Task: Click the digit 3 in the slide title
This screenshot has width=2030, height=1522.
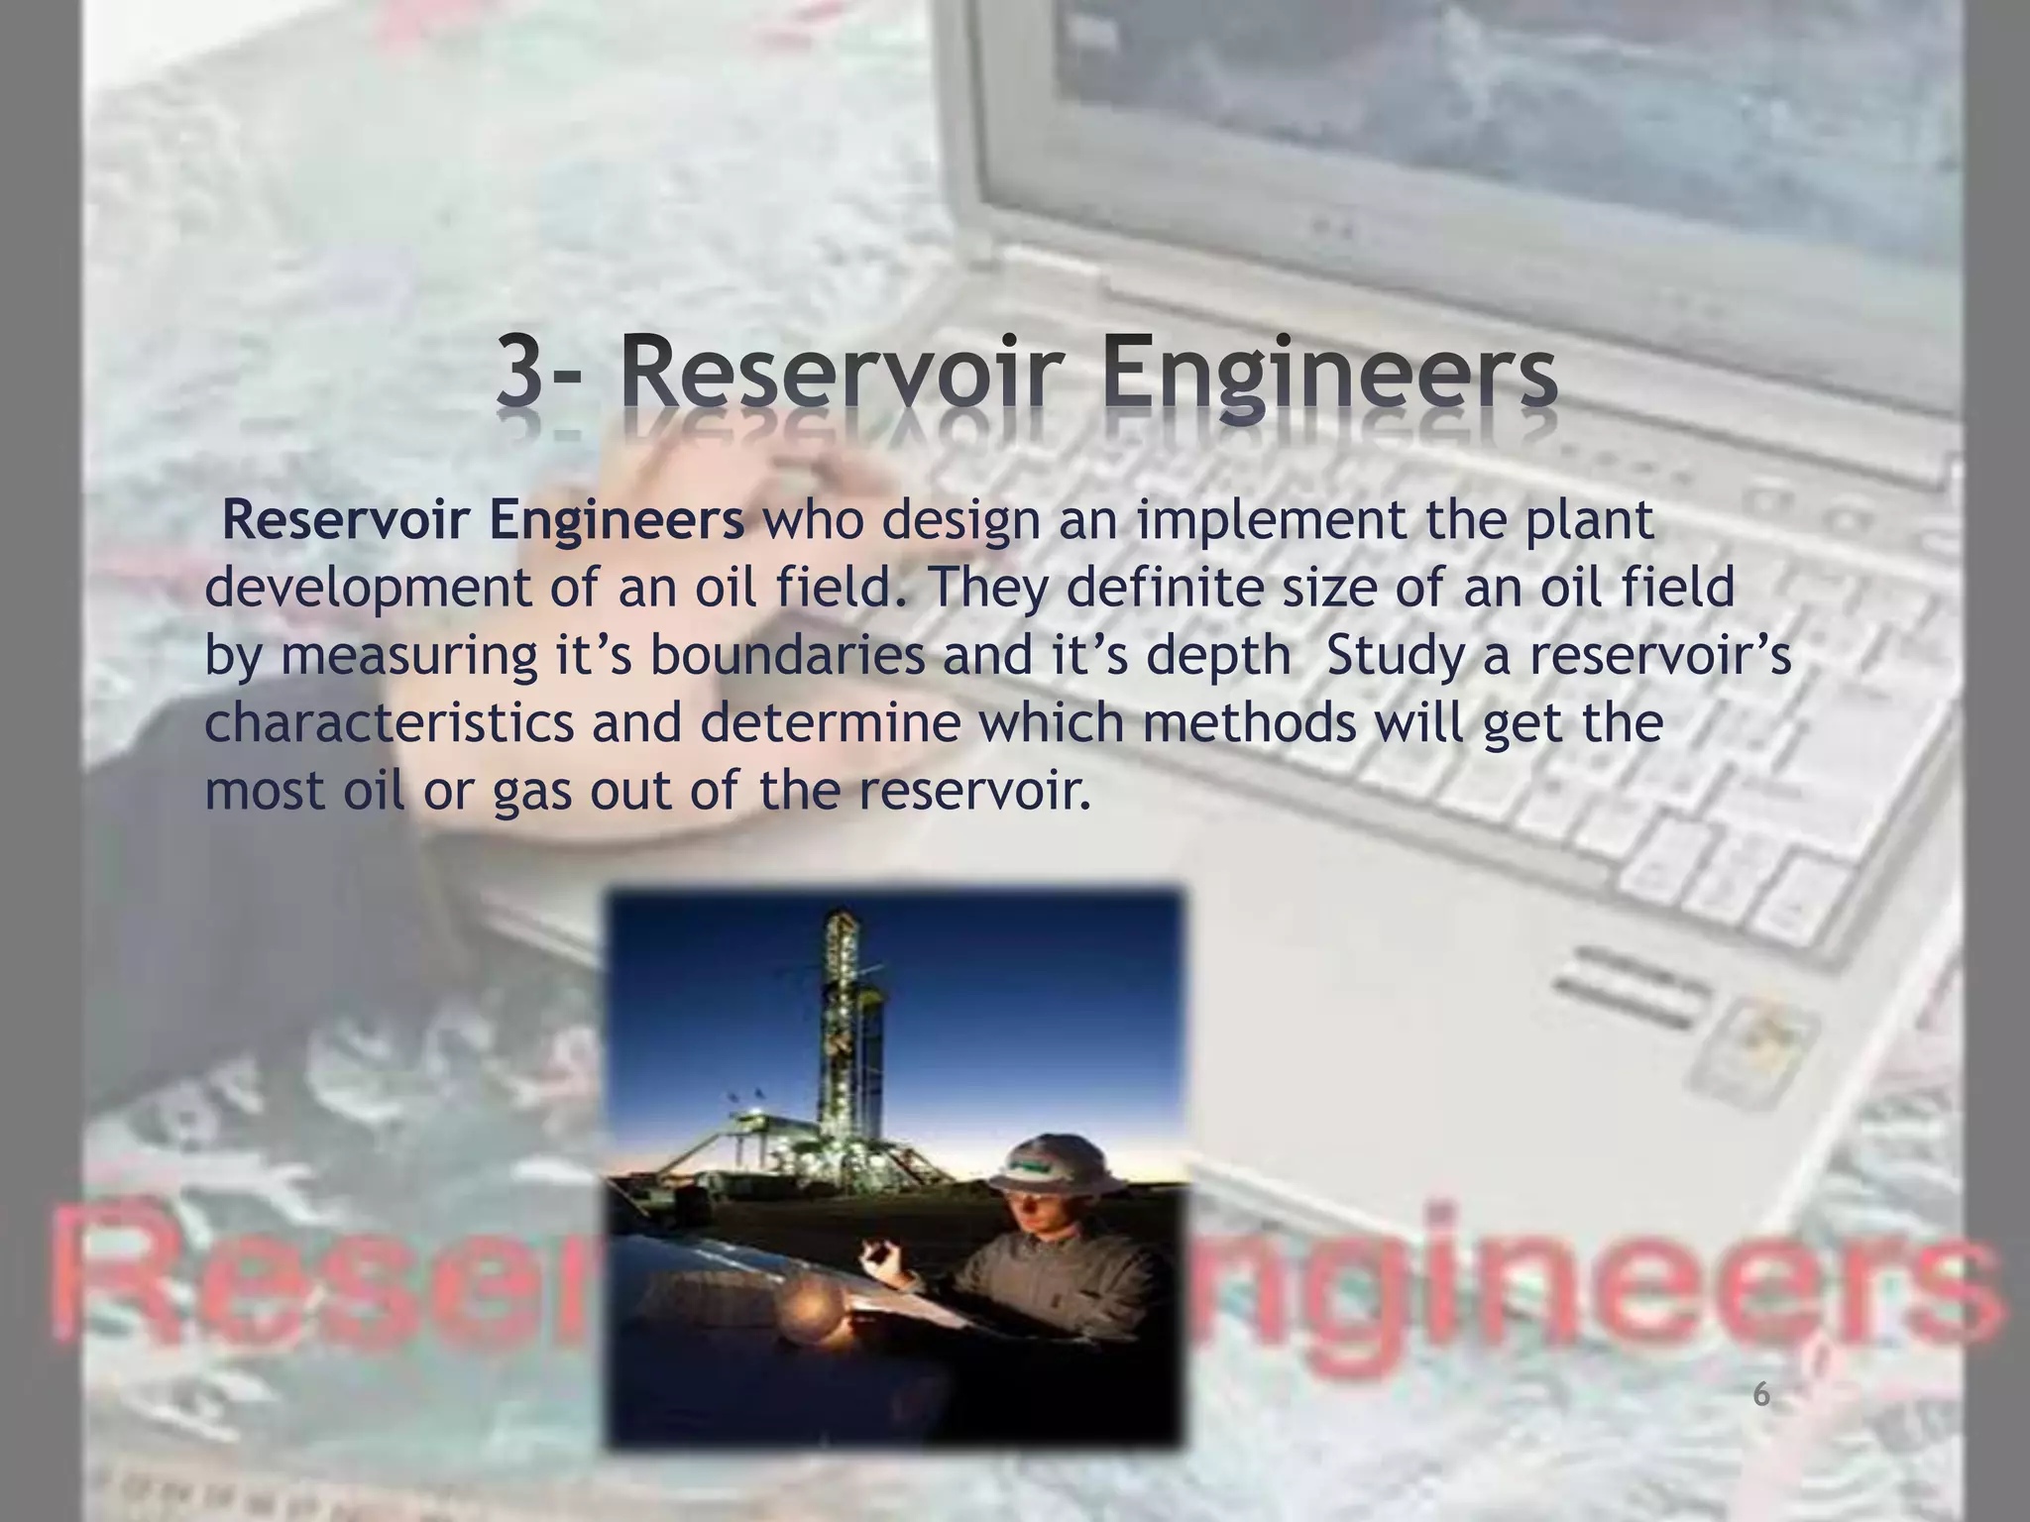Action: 523,374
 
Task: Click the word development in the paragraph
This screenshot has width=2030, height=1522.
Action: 368,589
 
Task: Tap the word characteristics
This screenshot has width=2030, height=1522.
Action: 389,722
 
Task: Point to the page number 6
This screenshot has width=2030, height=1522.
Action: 1760,1395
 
